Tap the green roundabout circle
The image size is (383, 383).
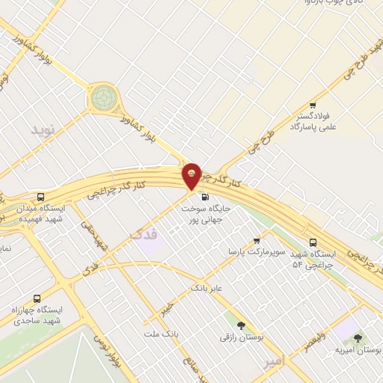[x=104, y=97]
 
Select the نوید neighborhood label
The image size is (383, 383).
[x=43, y=129]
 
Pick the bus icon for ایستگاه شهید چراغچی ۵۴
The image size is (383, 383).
[x=313, y=243]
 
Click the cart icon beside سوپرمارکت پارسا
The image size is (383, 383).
[x=257, y=241]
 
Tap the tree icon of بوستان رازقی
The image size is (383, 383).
[x=241, y=325]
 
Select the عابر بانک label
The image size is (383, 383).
[x=207, y=287]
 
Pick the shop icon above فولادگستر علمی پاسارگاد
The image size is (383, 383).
[x=313, y=105]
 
